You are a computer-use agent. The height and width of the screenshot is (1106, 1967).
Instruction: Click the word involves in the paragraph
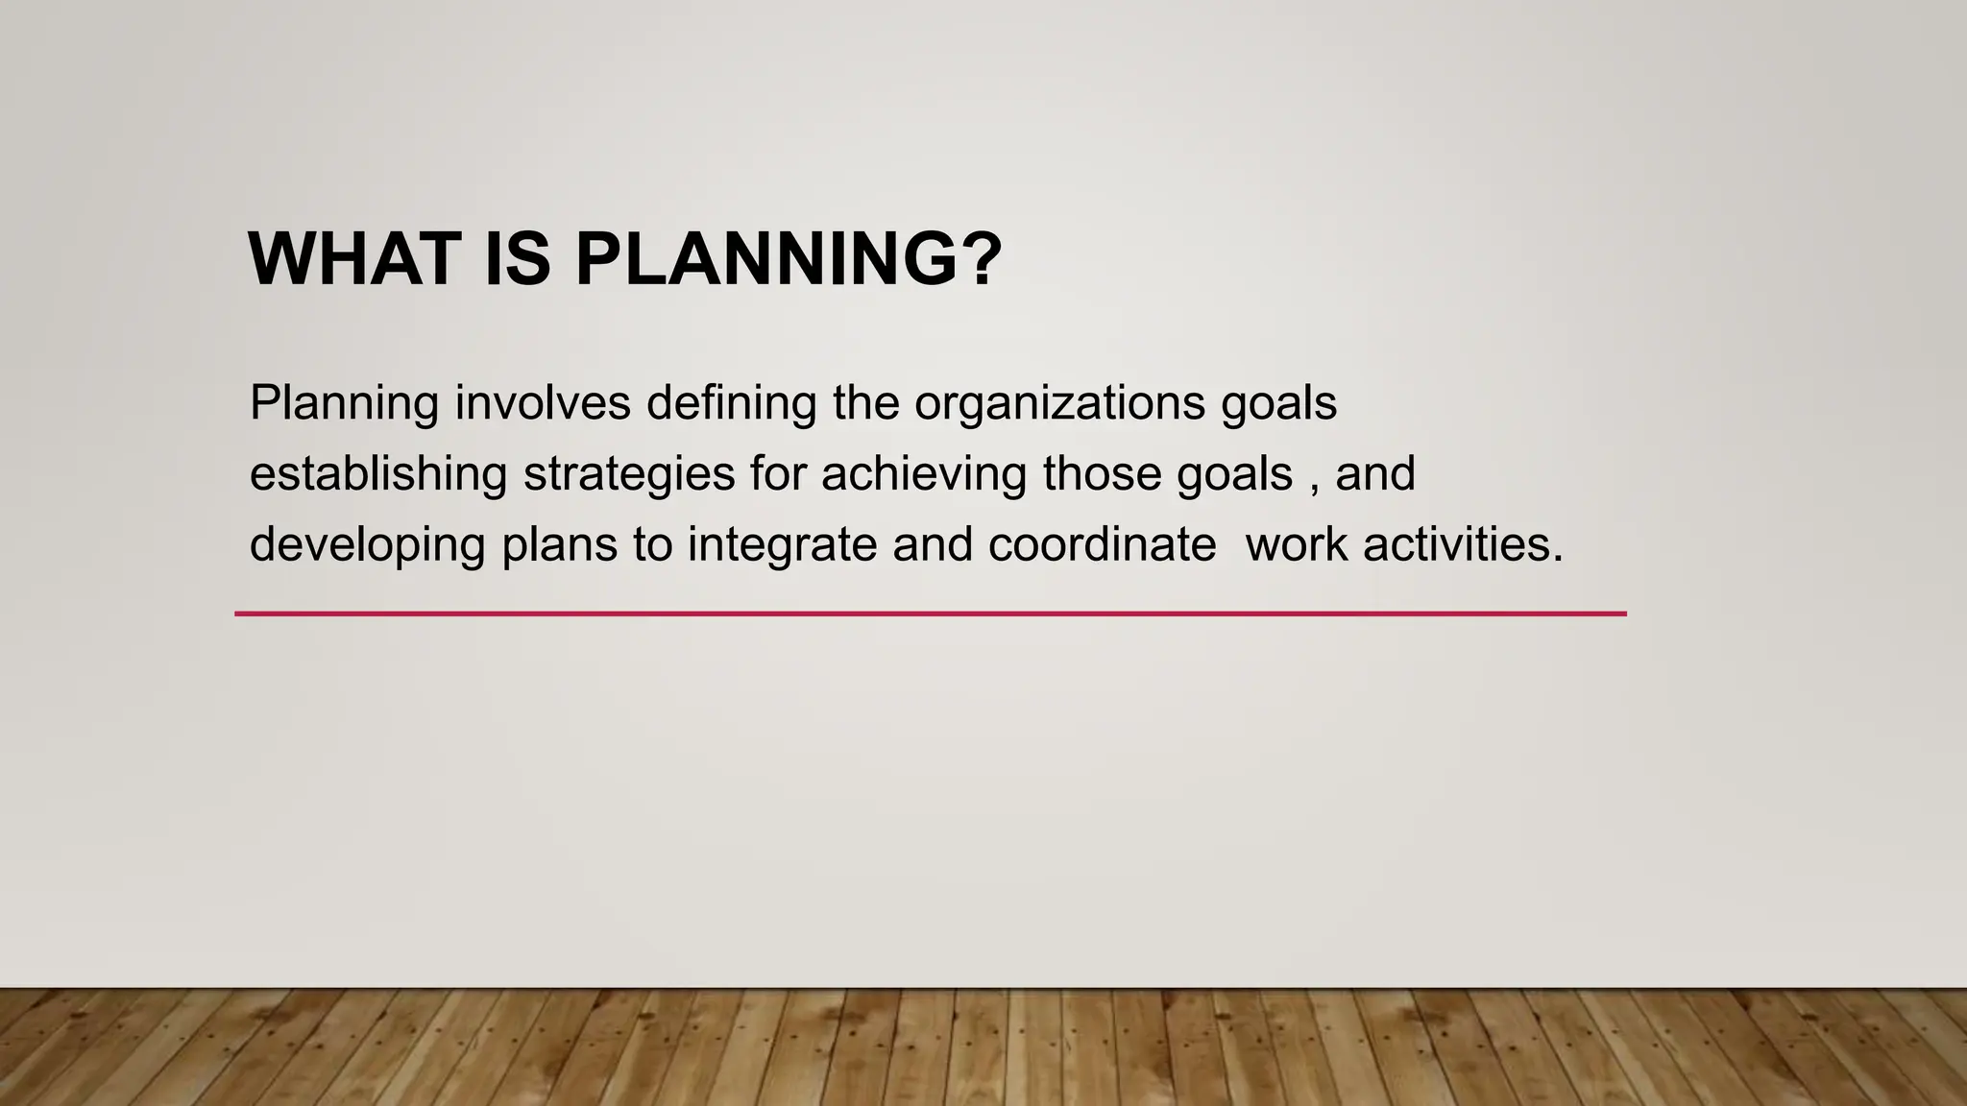click(x=543, y=402)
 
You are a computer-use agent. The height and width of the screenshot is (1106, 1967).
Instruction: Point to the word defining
click(x=731, y=404)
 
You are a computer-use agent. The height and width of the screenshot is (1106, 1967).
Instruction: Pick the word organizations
click(x=1059, y=404)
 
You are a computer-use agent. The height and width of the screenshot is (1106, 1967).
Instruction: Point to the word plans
click(x=559, y=546)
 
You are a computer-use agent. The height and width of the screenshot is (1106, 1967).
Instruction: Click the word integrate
click(x=781, y=546)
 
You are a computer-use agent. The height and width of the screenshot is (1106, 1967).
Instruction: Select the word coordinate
click(x=1102, y=544)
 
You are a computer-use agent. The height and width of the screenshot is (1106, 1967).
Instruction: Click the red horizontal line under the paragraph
click(x=930, y=613)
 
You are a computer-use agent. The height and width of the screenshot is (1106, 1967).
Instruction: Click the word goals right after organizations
click(x=1278, y=404)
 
